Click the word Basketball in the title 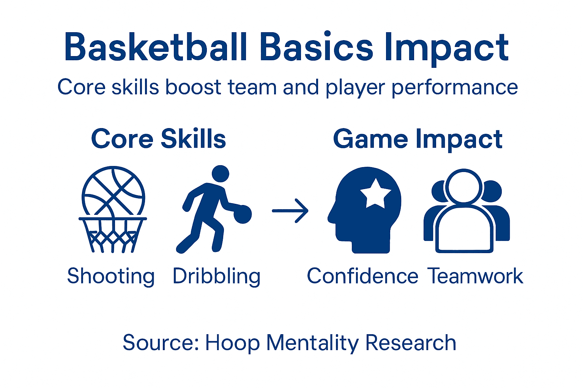[156, 47]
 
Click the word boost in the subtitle [193, 87]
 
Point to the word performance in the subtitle [455, 88]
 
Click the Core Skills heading [158, 139]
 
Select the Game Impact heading [418, 139]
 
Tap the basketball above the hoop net [113, 189]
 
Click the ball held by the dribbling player [243, 214]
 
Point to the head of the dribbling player [220, 174]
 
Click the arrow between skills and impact [290, 211]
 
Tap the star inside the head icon [375, 193]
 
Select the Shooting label [111, 276]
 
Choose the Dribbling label [216, 276]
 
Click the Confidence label [362, 276]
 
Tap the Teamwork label [476, 276]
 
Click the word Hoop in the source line [232, 343]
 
